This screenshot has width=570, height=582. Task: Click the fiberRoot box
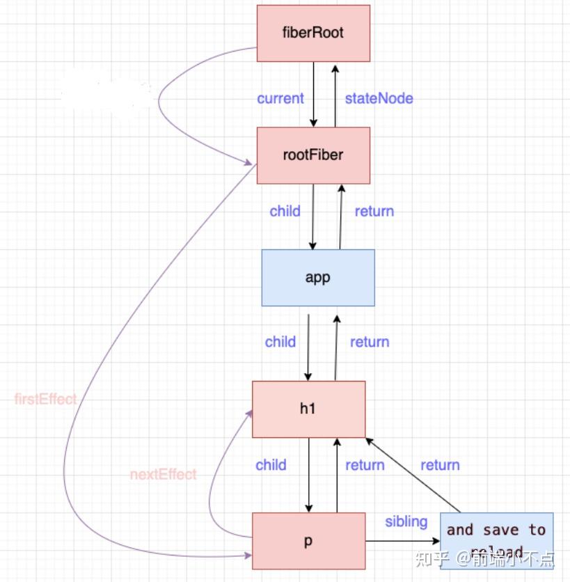click(x=313, y=33)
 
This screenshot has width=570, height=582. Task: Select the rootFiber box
click(x=313, y=155)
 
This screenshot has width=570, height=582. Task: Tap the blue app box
click(x=317, y=277)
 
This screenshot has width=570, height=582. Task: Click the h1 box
click(x=308, y=409)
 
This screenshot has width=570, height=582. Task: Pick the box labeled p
click(x=308, y=541)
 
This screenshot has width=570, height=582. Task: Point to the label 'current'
click(x=280, y=98)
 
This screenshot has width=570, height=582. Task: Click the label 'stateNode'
click(x=379, y=98)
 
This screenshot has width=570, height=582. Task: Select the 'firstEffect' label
click(x=45, y=400)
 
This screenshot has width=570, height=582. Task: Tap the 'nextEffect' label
click(x=163, y=475)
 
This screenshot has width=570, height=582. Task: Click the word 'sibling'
click(x=406, y=521)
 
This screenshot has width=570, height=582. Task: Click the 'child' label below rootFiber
click(x=285, y=211)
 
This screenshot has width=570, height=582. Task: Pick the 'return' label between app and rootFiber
click(x=374, y=211)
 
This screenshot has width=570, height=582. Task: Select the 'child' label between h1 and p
click(x=271, y=465)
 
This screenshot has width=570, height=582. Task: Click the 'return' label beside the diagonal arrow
click(x=440, y=465)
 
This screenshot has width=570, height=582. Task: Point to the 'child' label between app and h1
click(x=280, y=342)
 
